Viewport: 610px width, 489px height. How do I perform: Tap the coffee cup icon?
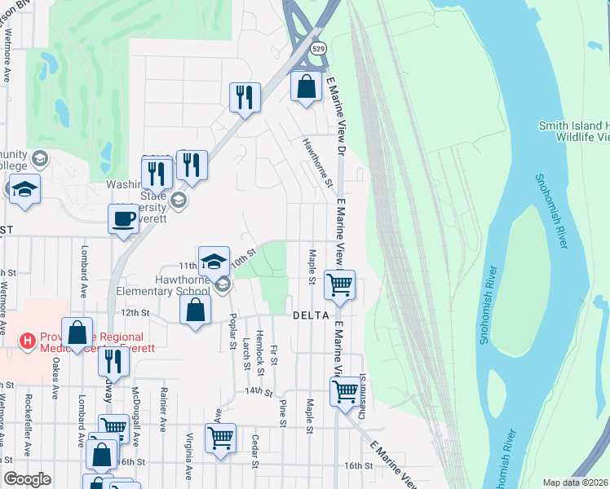pyautogui.click(x=123, y=218)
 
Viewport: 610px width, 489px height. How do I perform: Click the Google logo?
pyautogui.click(x=27, y=479)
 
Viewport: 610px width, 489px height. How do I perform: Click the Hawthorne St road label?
pyautogui.click(x=317, y=161)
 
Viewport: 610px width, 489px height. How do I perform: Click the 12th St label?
pyautogui.click(x=135, y=312)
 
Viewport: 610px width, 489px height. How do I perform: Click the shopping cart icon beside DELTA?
pyautogui.click(x=339, y=285)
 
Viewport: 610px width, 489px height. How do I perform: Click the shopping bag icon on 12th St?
pyautogui.click(x=196, y=310)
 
